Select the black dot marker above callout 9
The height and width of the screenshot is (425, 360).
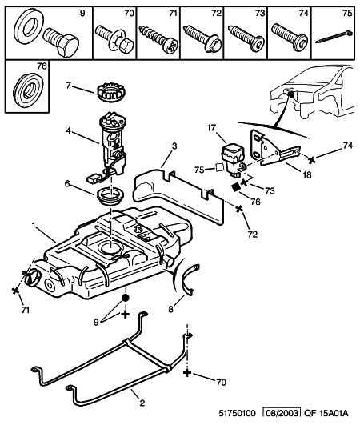[x=126, y=299]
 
